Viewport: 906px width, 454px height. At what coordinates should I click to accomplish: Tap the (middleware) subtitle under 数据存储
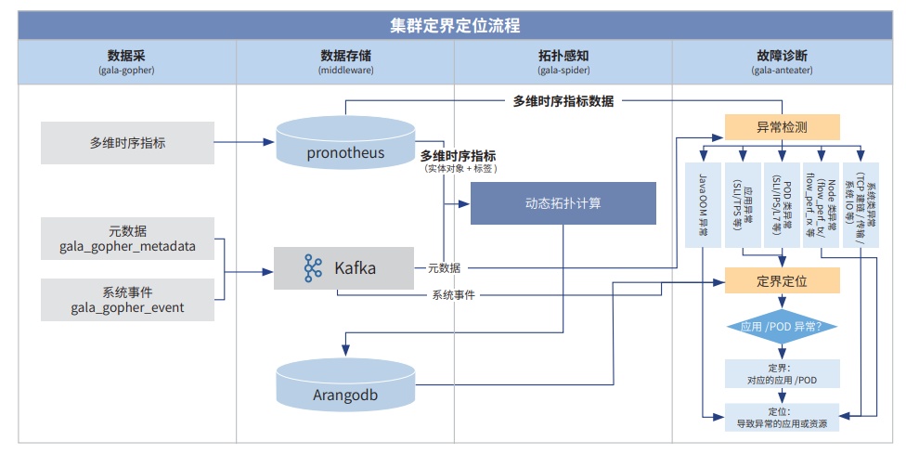(x=345, y=70)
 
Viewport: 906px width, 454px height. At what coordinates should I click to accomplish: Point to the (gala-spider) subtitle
(x=563, y=70)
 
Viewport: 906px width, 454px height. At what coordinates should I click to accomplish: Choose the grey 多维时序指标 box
(x=127, y=142)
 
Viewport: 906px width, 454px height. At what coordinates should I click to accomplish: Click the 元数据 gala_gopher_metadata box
(x=127, y=239)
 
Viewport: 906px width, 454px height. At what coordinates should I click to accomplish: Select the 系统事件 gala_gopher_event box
(x=127, y=299)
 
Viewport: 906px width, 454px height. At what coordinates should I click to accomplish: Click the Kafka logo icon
(x=313, y=268)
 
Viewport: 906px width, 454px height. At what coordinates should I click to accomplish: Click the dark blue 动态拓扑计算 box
(x=563, y=202)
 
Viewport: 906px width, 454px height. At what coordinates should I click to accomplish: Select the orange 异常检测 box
(x=782, y=127)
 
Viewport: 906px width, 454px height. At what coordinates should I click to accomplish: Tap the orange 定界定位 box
(x=782, y=280)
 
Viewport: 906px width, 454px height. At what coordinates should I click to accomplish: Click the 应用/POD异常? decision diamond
(x=782, y=327)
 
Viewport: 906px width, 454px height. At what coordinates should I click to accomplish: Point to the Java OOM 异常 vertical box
(x=703, y=205)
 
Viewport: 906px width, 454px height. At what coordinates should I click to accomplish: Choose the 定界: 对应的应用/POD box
(x=782, y=373)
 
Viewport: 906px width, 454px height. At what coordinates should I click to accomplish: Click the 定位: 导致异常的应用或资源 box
(x=782, y=417)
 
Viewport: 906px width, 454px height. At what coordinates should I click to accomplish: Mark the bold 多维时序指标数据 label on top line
(x=563, y=101)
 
